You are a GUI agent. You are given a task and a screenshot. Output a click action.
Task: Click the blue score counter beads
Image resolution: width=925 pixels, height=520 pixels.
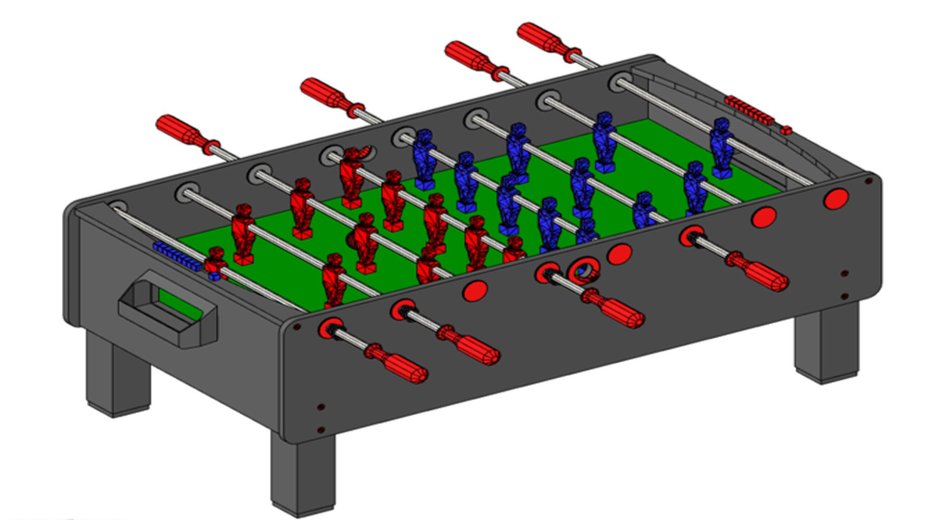(177, 256)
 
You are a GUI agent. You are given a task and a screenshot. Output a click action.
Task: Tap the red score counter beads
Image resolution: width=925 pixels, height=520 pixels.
(749, 110)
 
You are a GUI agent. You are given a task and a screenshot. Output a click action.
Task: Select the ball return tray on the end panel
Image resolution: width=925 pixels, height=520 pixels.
(169, 308)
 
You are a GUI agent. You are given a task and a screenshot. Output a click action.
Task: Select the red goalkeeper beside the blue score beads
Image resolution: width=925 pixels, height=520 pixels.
(215, 262)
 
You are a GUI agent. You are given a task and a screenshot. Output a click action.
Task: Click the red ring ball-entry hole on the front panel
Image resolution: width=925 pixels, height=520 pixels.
(583, 271)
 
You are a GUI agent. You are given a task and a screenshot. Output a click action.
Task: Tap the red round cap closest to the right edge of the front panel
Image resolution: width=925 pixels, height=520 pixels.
(836, 198)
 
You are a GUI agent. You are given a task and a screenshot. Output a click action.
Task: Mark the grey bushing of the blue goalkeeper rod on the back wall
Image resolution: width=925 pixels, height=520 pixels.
(620, 82)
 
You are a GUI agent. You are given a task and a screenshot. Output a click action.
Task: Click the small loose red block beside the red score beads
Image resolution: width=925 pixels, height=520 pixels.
(786, 130)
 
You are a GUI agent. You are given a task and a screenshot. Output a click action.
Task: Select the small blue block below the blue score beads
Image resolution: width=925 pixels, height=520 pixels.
(213, 277)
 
